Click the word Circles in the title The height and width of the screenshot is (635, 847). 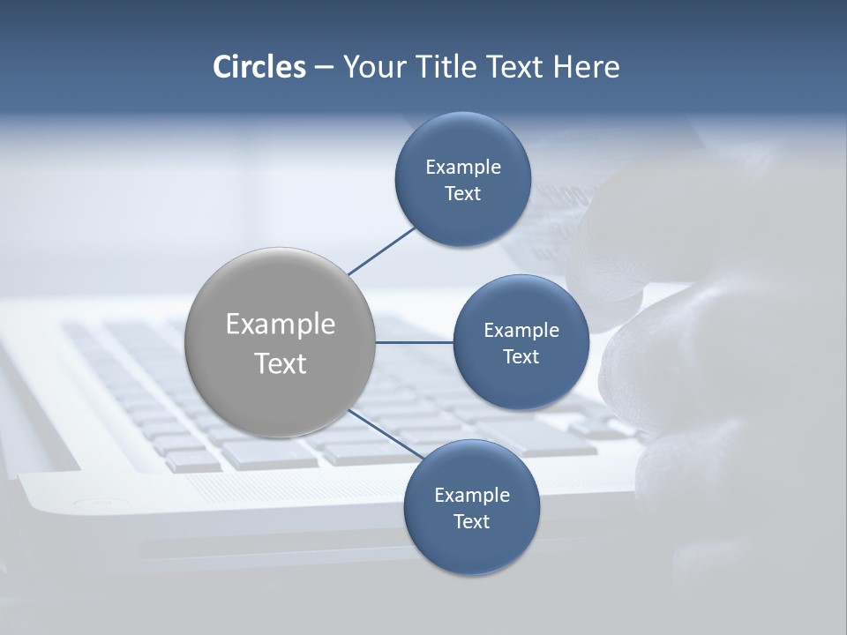tap(259, 67)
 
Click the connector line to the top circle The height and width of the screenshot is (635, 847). tap(382, 250)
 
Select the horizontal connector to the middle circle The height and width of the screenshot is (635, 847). tap(414, 342)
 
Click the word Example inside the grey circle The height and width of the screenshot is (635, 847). tap(281, 325)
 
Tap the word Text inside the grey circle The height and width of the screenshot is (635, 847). tap(281, 363)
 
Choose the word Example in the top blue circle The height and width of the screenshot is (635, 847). tap(463, 168)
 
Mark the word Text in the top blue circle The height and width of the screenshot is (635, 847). tap(462, 194)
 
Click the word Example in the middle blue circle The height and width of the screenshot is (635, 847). tap(521, 331)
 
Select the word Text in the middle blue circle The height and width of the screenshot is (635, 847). tap(521, 357)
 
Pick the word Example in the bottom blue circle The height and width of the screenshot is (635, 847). tap(472, 496)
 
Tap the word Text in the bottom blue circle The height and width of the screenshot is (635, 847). tap(471, 522)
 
